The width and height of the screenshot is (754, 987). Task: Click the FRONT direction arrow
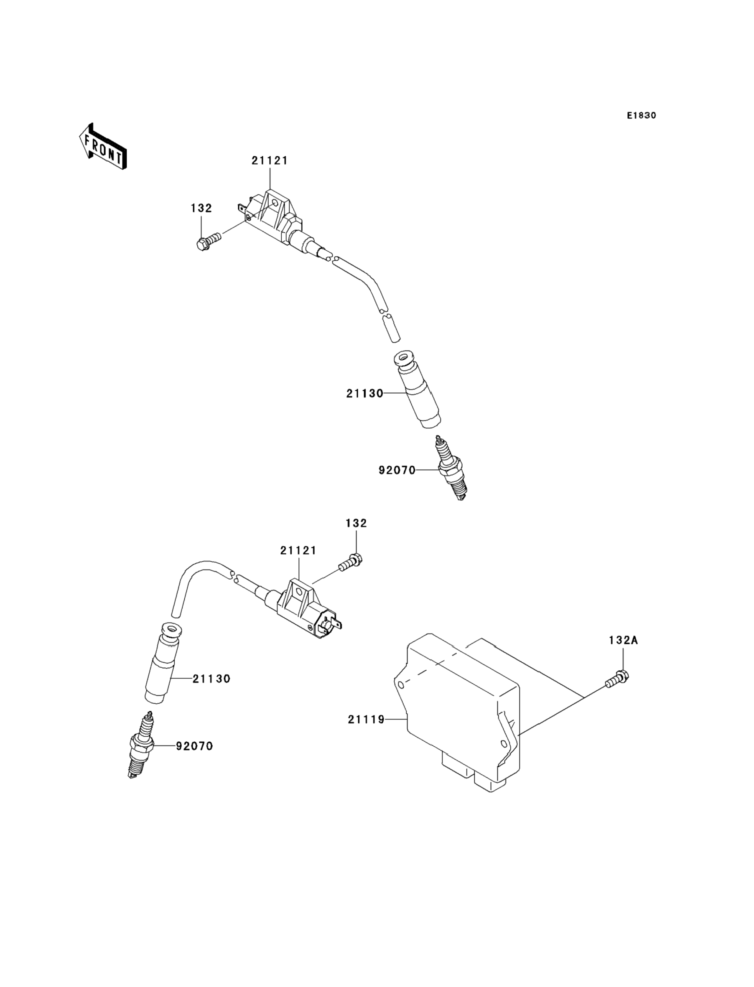click(102, 147)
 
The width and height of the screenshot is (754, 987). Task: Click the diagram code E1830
click(641, 116)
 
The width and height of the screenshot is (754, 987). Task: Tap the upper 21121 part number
click(269, 160)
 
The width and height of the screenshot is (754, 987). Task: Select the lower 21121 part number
click(298, 550)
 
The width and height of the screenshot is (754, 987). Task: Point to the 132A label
click(623, 641)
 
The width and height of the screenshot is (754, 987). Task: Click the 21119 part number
click(366, 719)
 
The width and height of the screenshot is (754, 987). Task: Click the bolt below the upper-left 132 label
click(209, 240)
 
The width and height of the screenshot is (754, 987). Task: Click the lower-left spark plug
click(141, 745)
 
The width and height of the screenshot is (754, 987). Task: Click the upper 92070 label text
click(397, 471)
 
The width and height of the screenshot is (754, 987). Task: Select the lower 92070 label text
click(194, 746)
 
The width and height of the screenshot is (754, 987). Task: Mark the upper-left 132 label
click(201, 208)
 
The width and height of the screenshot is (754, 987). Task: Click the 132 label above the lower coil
click(357, 523)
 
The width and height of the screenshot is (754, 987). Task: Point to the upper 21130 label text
click(364, 394)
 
